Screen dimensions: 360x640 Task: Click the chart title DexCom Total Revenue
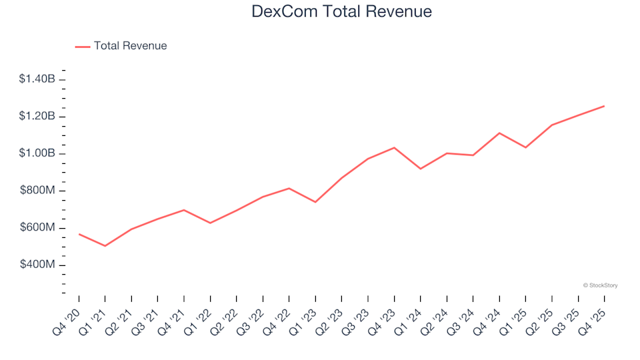pyautogui.click(x=341, y=11)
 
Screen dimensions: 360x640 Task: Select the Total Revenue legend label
pyautogui.click(x=130, y=46)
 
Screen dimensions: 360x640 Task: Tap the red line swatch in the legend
pyautogui.click(x=82, y=46)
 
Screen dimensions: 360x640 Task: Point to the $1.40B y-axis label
pyautogui.click(x=38, y=79)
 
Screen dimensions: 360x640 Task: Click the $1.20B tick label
pyautogui.click(x=38, y=117)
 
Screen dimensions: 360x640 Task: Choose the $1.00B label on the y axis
pyautogui.click(x=38, y=154)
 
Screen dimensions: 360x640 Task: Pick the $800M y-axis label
pyautogui.click(x=39, y=191)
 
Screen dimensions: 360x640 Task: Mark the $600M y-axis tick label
pyautogui.click(x=39, y=228)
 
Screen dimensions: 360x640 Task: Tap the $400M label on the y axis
pyautogui.click(x=39, y=265)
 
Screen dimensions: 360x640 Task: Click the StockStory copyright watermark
pyautogui.click(x=600, y=285)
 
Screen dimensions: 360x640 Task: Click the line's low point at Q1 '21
pyautogui.click(x=105, y=246)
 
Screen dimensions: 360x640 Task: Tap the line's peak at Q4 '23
pyautogui.click(x=394, y=147)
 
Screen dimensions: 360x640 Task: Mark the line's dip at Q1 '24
pyautogui.click(x=421, y=169)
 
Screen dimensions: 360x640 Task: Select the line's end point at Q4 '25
pyautogui.click(x=604, y=106)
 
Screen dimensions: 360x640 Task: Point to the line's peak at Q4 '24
pyautogui.click(x=499, y=133)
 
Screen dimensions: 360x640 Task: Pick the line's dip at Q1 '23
pyautogui.click(x=315, y=202)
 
